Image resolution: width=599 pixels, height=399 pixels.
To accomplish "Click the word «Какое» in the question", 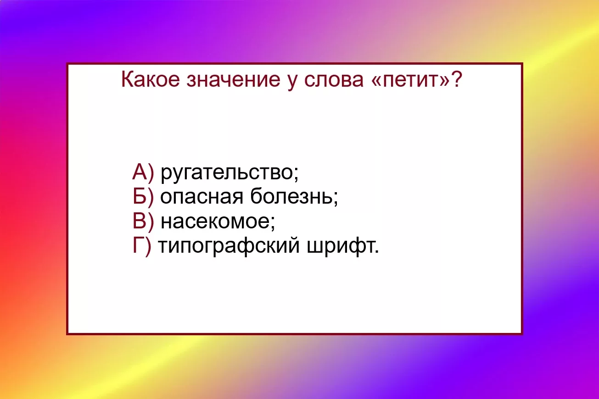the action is pos(150,79).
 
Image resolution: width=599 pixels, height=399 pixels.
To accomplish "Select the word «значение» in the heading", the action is pos(233,80).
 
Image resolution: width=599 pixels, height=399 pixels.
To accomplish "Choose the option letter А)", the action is pos(143,172).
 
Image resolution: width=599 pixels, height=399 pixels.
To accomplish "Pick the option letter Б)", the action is pos(143,197).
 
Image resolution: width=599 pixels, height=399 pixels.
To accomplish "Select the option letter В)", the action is pos(143,222).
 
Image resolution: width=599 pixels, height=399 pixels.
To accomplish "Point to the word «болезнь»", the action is pos(291,196).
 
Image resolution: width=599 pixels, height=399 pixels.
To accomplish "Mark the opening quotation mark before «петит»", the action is pos(376,81).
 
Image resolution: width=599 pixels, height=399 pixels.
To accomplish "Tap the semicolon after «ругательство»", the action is pos(296,174).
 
